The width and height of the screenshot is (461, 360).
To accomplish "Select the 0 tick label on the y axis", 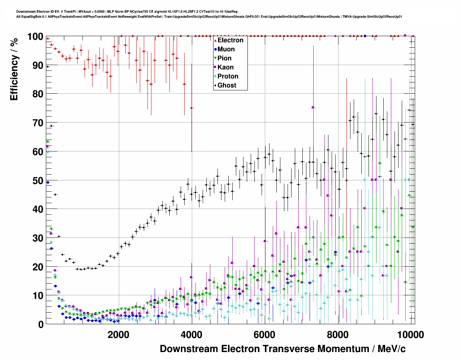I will click(40, 324).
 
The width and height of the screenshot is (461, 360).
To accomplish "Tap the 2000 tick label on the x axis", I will click(119, 335).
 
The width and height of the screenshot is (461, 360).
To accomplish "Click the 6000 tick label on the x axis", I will click(265, 335).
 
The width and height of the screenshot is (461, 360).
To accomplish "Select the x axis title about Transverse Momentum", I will click(283, 349).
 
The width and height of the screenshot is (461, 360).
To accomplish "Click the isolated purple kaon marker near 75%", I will click(313, 107).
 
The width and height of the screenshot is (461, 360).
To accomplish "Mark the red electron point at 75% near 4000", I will click(191, 108).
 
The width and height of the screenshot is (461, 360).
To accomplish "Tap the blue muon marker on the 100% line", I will click(365, 36).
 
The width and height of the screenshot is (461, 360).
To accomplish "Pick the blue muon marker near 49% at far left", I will click(48, 182).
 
